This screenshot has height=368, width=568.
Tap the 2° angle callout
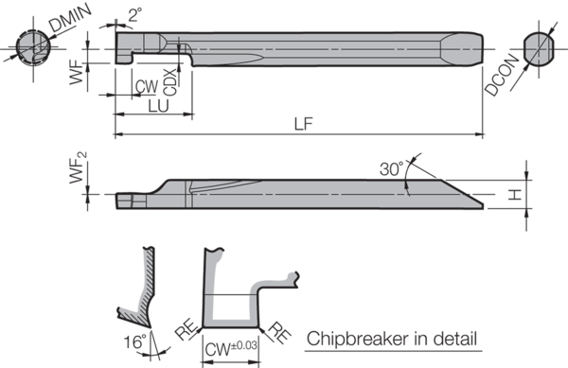tap(134, 14)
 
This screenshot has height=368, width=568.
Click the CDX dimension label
tap(170, 83)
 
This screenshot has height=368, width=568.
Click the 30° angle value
tap(392, 168)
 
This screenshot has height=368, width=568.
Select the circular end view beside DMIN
tap(28, 45)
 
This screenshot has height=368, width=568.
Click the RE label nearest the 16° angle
tap(186, 330)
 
